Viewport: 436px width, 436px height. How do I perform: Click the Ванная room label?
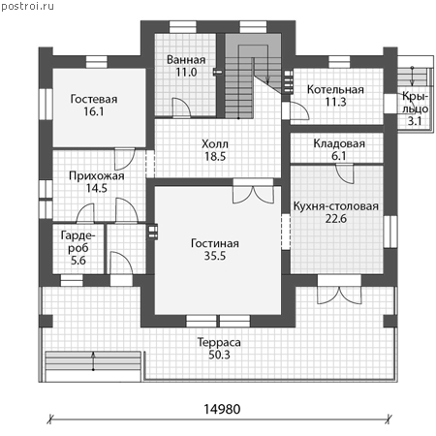(x=186, y=60)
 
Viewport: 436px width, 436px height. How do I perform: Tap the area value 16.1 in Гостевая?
(x=94, y=111)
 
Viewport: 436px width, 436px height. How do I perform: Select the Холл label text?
(x=215, y=143)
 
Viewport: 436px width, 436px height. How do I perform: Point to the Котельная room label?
(x=335, y=89)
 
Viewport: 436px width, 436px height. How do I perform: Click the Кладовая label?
(x=339, y=143)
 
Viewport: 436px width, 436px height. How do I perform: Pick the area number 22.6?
(x=336, y=219)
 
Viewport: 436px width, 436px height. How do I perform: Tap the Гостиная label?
(x=215, y=243)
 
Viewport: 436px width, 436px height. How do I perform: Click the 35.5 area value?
(x=215, y=256)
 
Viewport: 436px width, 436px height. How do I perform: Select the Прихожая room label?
(x=97, y=176)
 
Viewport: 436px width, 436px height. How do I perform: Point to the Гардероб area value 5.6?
(x=78, y=261)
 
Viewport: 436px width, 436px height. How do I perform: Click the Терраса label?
(x=219, y=342)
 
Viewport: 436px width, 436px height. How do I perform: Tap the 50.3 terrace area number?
(x=219, y=355)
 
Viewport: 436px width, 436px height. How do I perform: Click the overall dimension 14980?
(x=222, y=409)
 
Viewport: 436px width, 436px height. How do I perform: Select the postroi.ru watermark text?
(x=27, y=6)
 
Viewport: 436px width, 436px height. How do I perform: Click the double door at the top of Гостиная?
(x=253, y=191)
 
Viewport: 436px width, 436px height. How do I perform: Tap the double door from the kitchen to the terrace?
(x=339, y=290)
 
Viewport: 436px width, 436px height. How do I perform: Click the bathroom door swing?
(x=181, y=108)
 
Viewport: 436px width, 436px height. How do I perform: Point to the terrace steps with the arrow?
(x=93, y=361)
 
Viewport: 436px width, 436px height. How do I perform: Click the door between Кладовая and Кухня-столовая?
(x=345, y=173)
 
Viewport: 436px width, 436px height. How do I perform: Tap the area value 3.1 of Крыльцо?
(x=415, y=121)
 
